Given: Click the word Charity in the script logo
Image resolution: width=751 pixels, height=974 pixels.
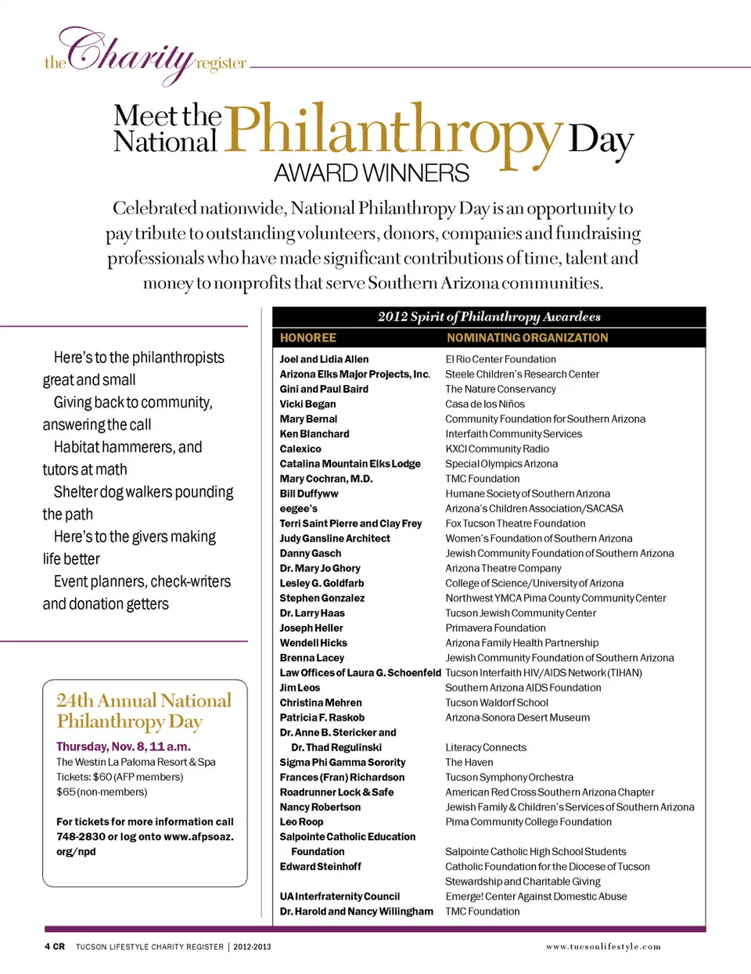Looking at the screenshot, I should [x=129, y=53].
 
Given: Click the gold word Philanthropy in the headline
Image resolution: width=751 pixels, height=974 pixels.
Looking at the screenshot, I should [x=393, y=130].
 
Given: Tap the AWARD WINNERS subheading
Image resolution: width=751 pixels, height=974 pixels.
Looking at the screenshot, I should [x=372, y=172].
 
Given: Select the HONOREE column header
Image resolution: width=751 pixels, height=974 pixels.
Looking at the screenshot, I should [x=308, y=338].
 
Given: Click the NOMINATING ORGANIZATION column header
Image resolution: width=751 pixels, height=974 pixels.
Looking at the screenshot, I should [x=527, y=338].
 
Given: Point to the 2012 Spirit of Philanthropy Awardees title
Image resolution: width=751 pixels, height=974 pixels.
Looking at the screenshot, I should [x=489, y=317].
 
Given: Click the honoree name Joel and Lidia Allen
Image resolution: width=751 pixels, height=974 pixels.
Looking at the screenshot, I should [x=324, y=359].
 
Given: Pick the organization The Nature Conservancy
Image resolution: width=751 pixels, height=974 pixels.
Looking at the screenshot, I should [x=501, y=389].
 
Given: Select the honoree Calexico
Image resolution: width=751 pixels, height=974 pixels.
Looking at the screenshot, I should [x=300, y=449].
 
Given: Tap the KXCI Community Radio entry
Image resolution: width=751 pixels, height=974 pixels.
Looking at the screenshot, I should [x=498, y=449].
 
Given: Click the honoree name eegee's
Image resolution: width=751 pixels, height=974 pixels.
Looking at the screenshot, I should [x=299, y=509].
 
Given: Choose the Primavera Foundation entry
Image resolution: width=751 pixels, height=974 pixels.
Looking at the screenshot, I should [x=496, y=628].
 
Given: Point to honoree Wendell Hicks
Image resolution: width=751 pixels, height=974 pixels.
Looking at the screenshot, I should [x=314, y=643].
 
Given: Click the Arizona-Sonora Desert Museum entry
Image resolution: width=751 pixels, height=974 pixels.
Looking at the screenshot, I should [x=518, y=717].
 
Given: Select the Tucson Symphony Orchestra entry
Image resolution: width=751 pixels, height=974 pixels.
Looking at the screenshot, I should [x=509, y=778].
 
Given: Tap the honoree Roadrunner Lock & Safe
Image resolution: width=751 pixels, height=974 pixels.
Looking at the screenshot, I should [x=337, y=792].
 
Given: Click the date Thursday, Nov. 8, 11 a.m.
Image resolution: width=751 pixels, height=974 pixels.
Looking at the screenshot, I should [x=124, y=746].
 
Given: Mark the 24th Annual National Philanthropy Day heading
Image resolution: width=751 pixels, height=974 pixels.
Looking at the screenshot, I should [x=144, y=710].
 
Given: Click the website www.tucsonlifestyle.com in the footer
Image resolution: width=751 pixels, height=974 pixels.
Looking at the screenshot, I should [x=603, y=947].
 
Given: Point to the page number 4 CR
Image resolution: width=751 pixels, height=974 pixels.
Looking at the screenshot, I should [x=55, y=947].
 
